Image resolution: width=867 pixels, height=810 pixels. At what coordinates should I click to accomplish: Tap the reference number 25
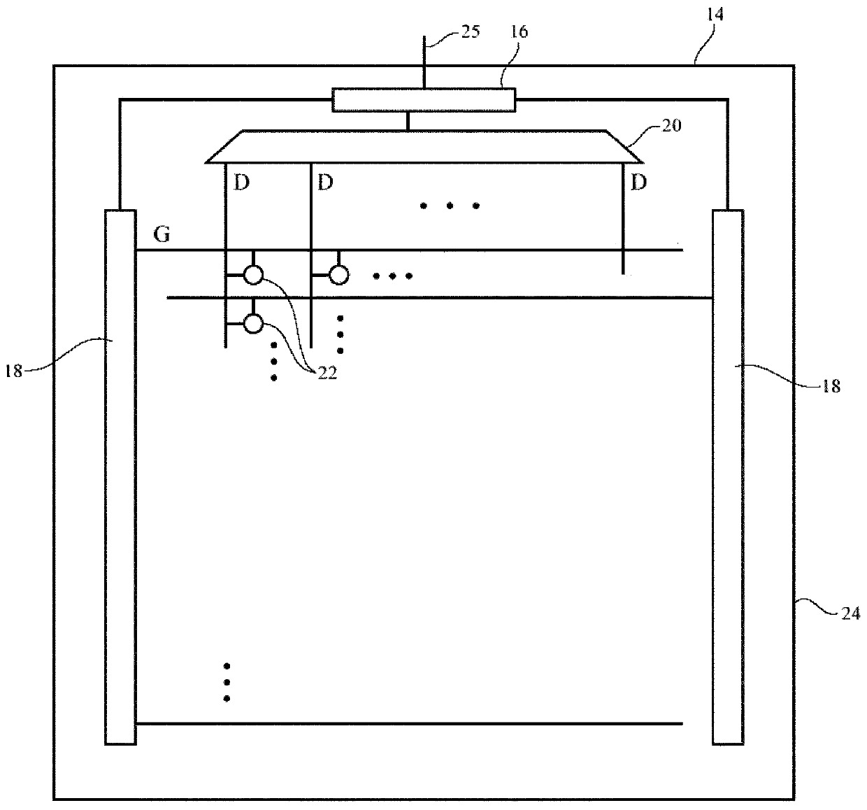[x=471, y=32]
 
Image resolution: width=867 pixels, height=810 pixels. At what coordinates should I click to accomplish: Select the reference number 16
[x=520, y=32]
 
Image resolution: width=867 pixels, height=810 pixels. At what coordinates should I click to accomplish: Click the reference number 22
[x=327, y=373]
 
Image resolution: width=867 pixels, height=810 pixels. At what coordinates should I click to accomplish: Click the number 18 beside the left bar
[x=14, y=371]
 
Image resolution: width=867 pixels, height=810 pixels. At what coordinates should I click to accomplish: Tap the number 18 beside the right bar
[x=830, y=385]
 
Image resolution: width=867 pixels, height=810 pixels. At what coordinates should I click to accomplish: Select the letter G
[x=162, y=235]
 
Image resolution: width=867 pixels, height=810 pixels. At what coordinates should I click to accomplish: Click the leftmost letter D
[x=241, y=184]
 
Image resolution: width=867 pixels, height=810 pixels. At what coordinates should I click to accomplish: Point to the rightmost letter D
[x=638, y=183]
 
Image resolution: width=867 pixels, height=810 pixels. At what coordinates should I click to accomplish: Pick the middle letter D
[x=325, y=184]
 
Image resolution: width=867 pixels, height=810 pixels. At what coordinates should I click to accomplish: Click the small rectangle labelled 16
[x=424, y=100]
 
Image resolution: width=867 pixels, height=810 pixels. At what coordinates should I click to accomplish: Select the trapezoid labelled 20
[x=424, y=146]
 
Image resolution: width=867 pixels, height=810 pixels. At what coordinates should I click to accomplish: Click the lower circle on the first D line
[x=253, y=323]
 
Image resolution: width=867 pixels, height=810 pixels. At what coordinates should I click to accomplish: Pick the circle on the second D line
[x=338, y=275]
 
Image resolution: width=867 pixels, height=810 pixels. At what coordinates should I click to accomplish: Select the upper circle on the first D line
[x=253, y=275]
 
